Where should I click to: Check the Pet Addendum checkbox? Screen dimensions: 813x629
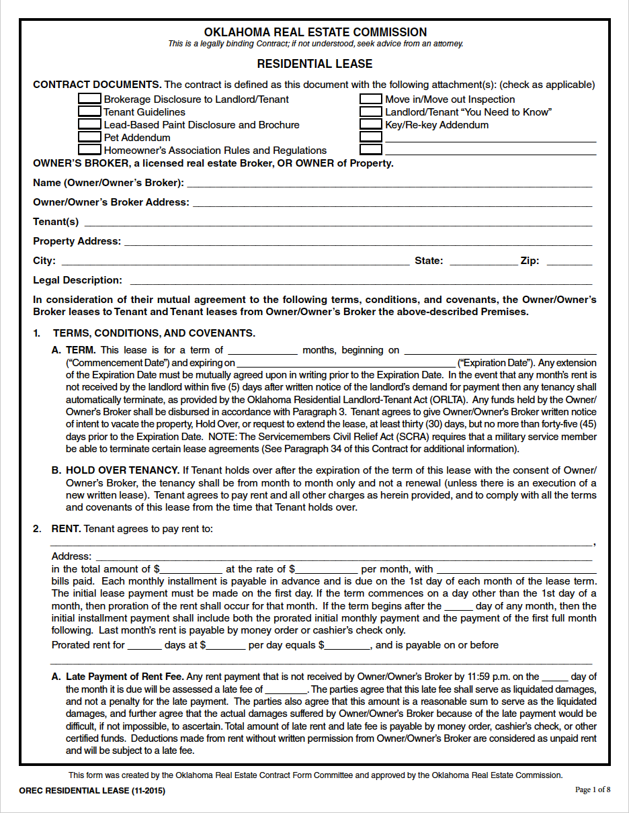point(90,137)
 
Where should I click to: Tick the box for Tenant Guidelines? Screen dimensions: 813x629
point(90,112)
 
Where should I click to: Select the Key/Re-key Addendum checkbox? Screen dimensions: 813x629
point(371,124)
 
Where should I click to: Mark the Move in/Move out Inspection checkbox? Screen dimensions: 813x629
point(371,99)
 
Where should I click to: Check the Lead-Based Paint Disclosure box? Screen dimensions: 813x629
point(90,124)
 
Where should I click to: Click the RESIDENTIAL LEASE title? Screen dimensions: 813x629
point(314,65)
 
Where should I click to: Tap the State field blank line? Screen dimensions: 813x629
point(483,261)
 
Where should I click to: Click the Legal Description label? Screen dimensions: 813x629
point(77,280)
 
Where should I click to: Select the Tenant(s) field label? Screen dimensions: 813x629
point(56,222)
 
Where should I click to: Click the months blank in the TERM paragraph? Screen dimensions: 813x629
point(263,350)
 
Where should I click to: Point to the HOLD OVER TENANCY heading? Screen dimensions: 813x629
point(122,470)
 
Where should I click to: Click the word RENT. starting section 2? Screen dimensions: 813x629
point(66,529)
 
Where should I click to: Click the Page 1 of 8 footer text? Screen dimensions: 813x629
point(593,789)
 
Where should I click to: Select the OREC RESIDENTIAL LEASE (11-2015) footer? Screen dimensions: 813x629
point(92,791)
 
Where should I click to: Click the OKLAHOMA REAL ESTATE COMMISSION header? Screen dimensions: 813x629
point(314,32)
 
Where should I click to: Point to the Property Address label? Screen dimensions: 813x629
point(77,241)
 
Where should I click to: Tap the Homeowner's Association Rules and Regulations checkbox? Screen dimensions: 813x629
point(90,150)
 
